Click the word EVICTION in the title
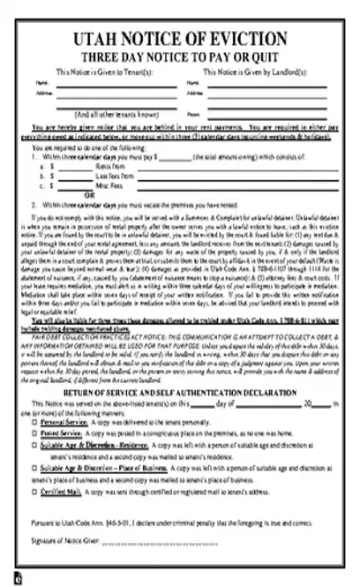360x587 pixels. (251, 41)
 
